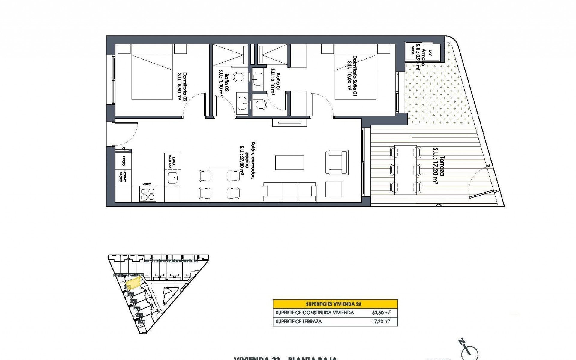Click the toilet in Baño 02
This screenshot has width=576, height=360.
click(x=239, y=77)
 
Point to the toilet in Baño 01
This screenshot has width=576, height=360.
click(x=260, y=105)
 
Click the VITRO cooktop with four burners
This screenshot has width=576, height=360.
click(x=148, y=193)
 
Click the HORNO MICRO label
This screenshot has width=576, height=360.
click(x=122, y=176)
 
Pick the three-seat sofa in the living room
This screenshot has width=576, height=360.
click(x=289, y=192)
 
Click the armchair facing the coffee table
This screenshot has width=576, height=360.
click(x=337, y=162)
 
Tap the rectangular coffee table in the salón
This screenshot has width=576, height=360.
click(x=289, y=162)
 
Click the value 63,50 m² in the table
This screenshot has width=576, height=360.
click(x=381, y=313)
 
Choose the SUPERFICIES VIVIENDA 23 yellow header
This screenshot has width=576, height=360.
click(x=335, y=304)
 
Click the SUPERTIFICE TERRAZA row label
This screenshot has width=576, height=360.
click(x=298, y=322)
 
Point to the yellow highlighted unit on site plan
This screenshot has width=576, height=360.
click(x=133, y=283)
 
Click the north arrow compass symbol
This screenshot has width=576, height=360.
click(x=470, y=352)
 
